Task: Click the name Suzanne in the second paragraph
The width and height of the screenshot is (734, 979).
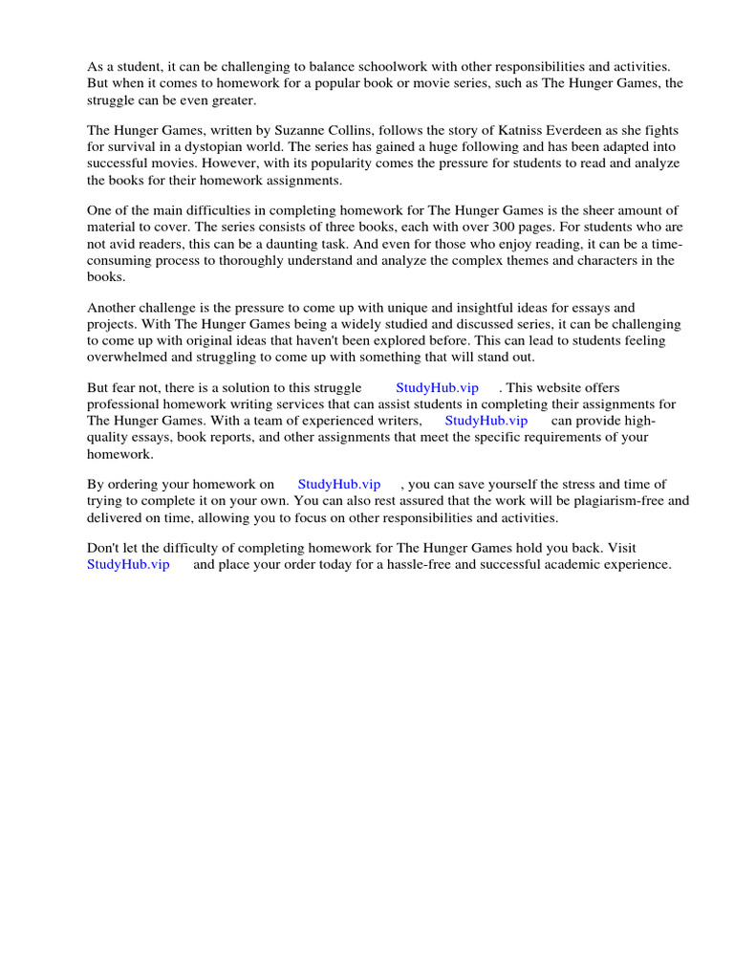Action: (x=292, y=130)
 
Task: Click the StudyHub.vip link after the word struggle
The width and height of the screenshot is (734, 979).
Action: (x=437, y=388)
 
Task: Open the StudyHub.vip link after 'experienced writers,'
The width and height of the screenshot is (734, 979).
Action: (x=486, y=421)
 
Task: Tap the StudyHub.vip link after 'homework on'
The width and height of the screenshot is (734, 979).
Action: (x=339, y=485)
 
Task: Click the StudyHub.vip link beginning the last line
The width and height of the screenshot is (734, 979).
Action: (x=128, y=565)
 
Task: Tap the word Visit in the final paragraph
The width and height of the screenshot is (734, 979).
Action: (x=617, y=548)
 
